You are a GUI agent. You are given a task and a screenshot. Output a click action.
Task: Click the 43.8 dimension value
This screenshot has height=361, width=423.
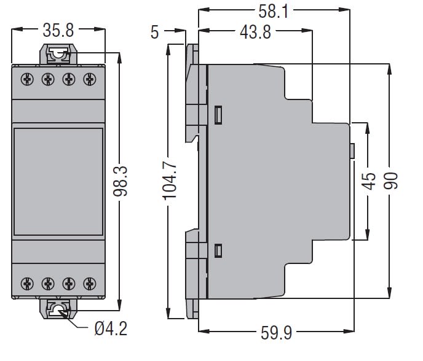coord(254,32)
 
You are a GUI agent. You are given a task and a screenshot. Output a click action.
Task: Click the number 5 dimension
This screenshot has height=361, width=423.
coord(155,32)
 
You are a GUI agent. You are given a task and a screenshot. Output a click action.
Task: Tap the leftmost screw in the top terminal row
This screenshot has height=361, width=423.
coord(26,79)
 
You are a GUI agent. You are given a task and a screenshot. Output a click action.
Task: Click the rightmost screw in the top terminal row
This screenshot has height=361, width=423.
coord(91,79)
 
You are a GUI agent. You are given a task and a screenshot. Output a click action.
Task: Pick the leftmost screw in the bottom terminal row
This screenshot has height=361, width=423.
coord(26,284)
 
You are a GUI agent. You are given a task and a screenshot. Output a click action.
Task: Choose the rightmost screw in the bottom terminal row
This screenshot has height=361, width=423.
coord(91,284)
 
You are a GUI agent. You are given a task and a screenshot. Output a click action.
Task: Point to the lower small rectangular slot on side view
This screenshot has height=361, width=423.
coord(218,250)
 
